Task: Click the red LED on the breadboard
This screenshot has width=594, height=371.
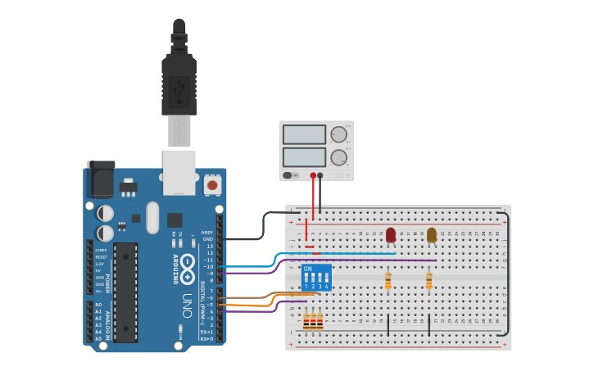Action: [x=391, y=235]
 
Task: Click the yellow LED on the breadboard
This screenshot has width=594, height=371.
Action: [x=432, y=235]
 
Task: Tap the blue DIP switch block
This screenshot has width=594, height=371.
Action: [x=316, y=278]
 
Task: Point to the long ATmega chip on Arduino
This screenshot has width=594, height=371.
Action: [x=125, y=292]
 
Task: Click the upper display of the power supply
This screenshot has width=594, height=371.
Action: [x=304, y=134]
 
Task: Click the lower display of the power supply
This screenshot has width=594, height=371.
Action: [x=304, y=156]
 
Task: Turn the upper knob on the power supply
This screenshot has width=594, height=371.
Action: [x=338, y=133]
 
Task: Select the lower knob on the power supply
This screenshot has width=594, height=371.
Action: [x=338, y=157]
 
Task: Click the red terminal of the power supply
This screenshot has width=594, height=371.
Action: [x=313, y=175]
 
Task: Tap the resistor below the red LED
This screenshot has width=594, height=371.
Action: [x=388, y=281]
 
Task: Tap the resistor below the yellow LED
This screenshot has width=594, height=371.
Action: [x=428, y=281]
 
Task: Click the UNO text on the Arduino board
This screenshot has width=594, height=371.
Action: [x=187, y=300]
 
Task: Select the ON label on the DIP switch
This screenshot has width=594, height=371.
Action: [x=307, y=268]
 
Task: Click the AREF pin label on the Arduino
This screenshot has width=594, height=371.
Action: [x=207, y=233]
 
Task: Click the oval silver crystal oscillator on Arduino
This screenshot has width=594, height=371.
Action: [x=152, y=217]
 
